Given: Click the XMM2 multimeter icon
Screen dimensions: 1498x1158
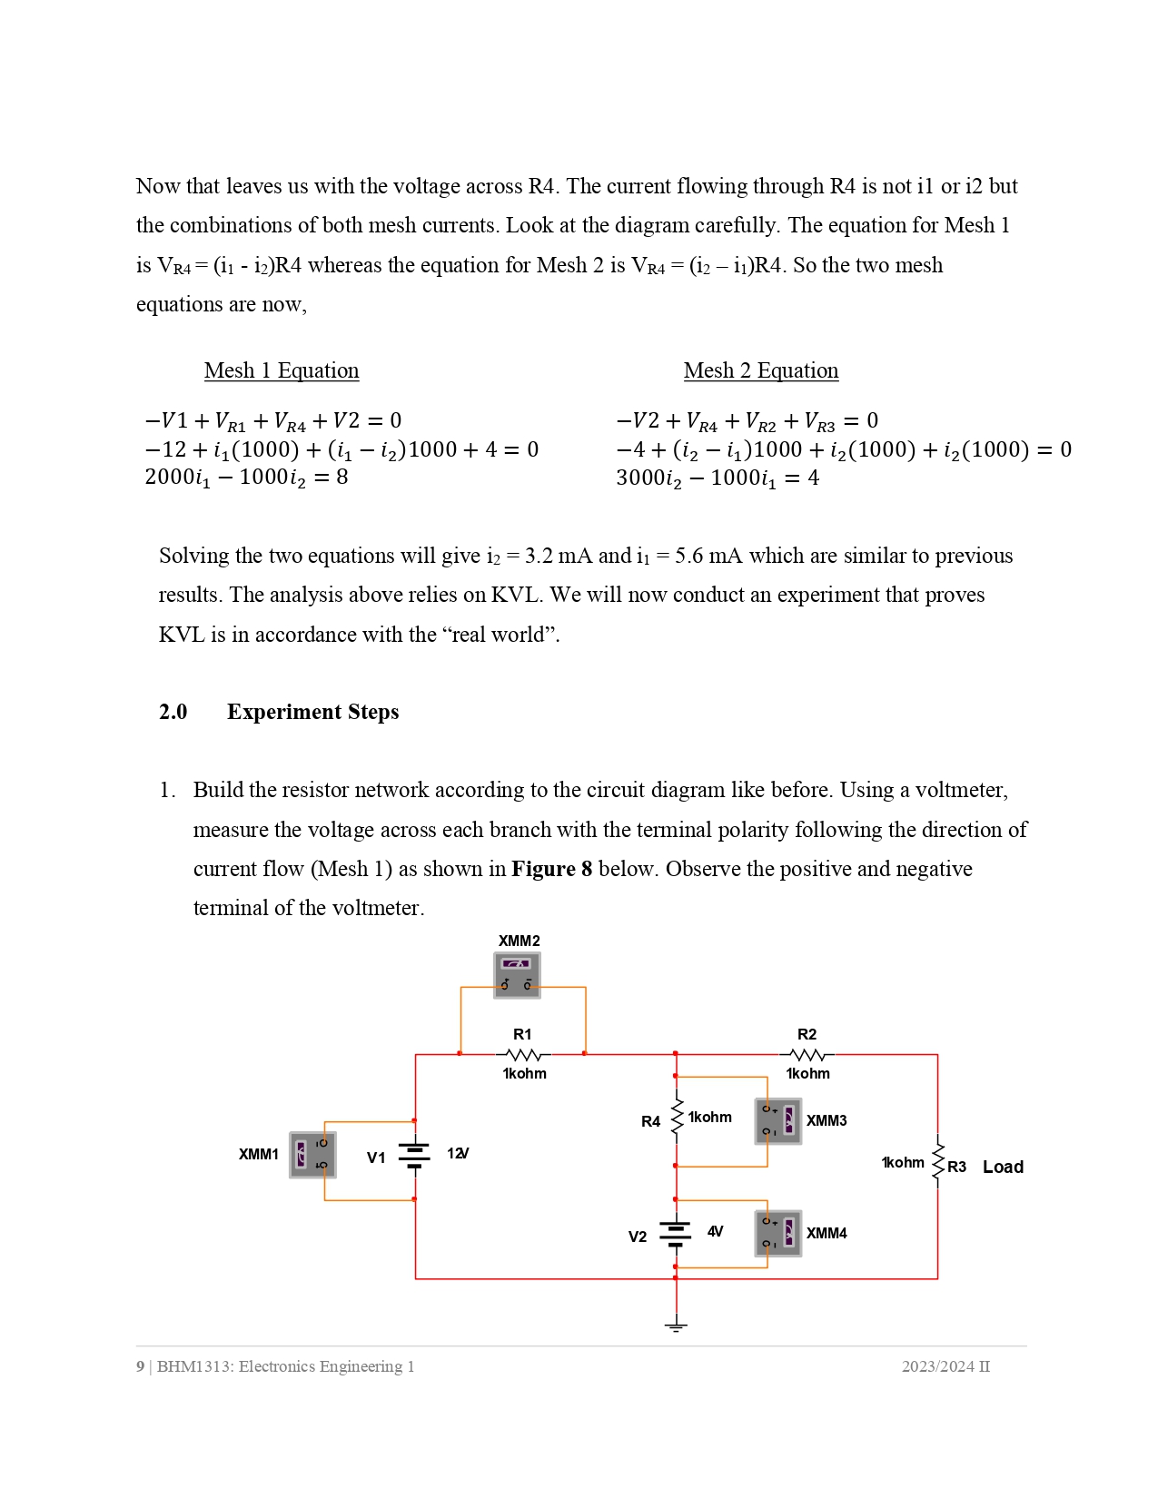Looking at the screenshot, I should coord(517,975).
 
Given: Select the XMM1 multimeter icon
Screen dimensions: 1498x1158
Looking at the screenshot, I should coord(312,1155).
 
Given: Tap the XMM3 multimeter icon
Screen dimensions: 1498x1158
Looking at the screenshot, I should coord(778,1121).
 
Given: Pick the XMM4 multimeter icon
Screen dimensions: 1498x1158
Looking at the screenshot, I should coord(778,1233).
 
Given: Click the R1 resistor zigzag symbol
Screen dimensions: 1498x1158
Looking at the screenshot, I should coord(524,1055).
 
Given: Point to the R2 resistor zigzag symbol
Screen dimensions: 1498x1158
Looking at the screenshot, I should coord(807,1055).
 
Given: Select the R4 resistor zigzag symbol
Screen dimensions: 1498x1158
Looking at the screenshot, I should coord(677,1117).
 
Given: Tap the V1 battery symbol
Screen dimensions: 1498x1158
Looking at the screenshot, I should coord(414,1155).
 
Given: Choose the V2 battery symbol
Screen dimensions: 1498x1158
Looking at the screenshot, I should coord(676,1233).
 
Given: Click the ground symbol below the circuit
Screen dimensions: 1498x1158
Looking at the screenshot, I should coord(676,1326).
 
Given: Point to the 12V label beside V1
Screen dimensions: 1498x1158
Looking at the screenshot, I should coord(458,1153).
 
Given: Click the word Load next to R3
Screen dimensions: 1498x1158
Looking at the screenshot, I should coord(1003,1167).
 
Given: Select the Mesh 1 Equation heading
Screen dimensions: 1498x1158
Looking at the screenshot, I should coord(282,370).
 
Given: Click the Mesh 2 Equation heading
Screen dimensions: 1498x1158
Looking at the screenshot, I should coord(761,370).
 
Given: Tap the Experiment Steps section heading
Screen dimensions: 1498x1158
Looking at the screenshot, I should coord(312,712).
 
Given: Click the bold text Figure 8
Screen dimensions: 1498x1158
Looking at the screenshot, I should coord(551,869).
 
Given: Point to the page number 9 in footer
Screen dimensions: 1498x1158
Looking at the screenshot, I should coord(140,1366).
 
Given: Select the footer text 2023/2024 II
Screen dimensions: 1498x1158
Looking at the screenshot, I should coord(945,1366).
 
